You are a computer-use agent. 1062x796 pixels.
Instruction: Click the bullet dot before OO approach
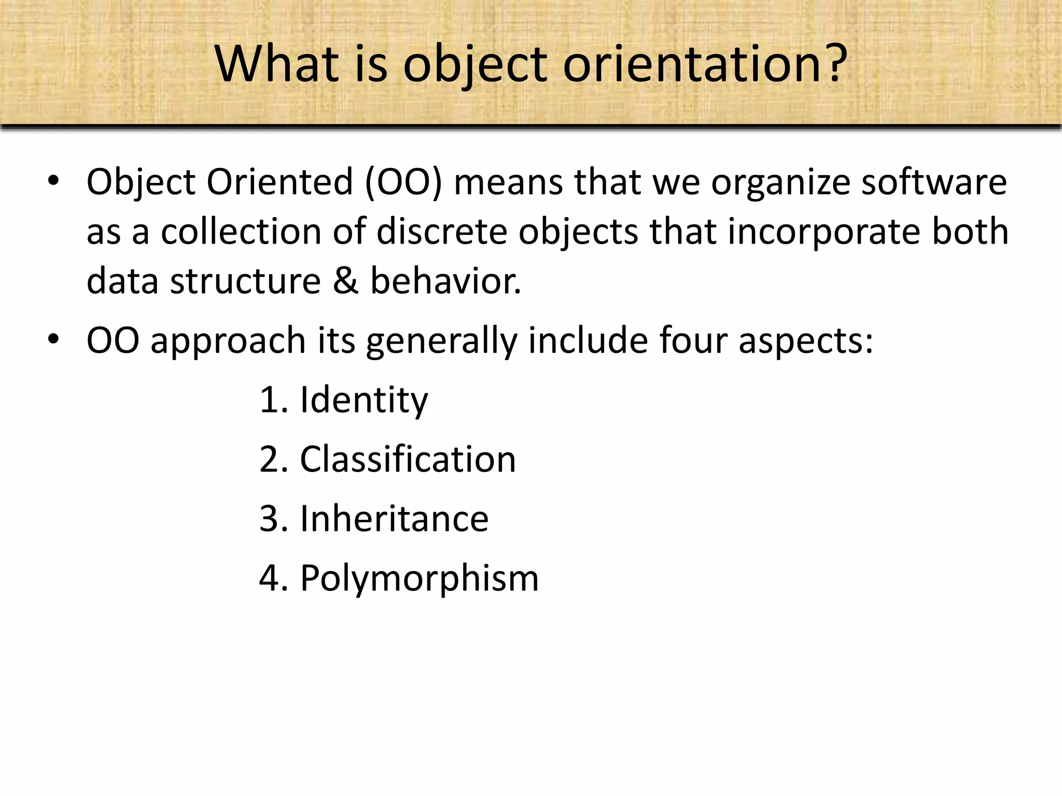(x=53, y=339)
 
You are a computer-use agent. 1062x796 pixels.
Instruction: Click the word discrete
(x=441, y=231)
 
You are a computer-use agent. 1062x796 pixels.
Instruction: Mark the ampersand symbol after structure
(x=345, y=281)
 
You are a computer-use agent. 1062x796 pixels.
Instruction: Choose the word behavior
(x=445, y=281)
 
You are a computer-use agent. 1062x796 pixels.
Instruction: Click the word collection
(x=241, y=231)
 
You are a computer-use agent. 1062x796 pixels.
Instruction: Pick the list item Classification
(x=408, y=459)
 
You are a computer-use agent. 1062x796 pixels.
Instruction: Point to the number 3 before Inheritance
(x=270, y=519)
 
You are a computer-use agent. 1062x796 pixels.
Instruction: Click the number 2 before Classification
(x=270, y=459)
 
